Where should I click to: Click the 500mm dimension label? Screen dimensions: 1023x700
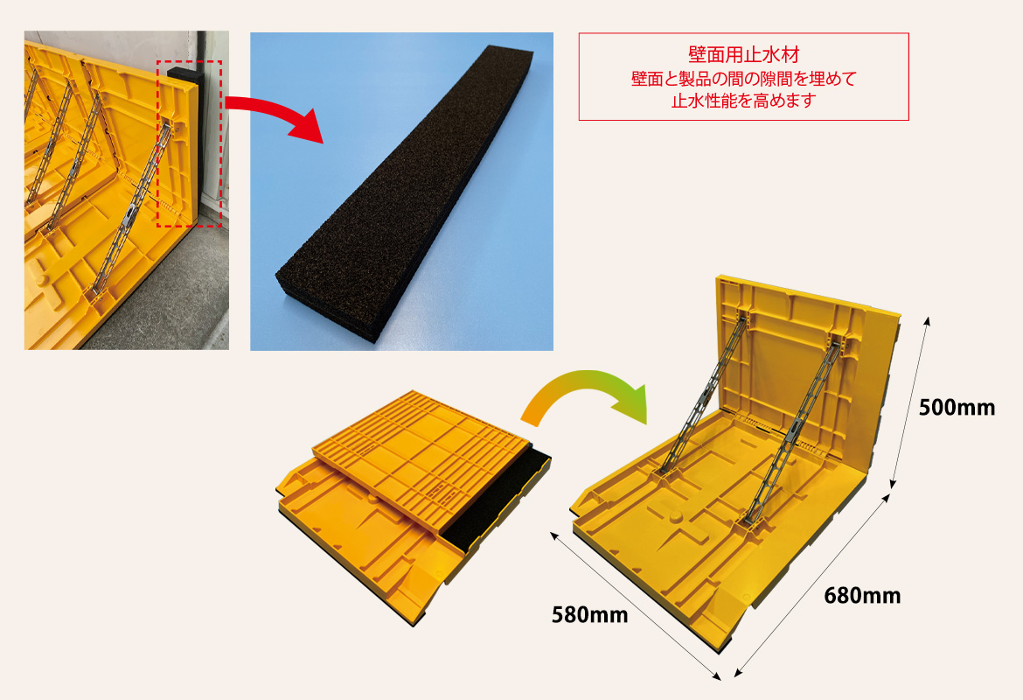pos(957,408)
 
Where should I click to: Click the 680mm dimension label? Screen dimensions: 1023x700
pos(862,596)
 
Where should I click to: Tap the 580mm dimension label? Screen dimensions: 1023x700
pos(590,615)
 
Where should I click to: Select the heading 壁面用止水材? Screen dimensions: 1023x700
pos(744,55)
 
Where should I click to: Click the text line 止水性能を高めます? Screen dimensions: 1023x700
pos(744,101)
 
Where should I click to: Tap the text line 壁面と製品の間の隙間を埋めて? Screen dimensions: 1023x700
pos(744,79)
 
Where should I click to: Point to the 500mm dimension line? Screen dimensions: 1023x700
pos(908,402)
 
